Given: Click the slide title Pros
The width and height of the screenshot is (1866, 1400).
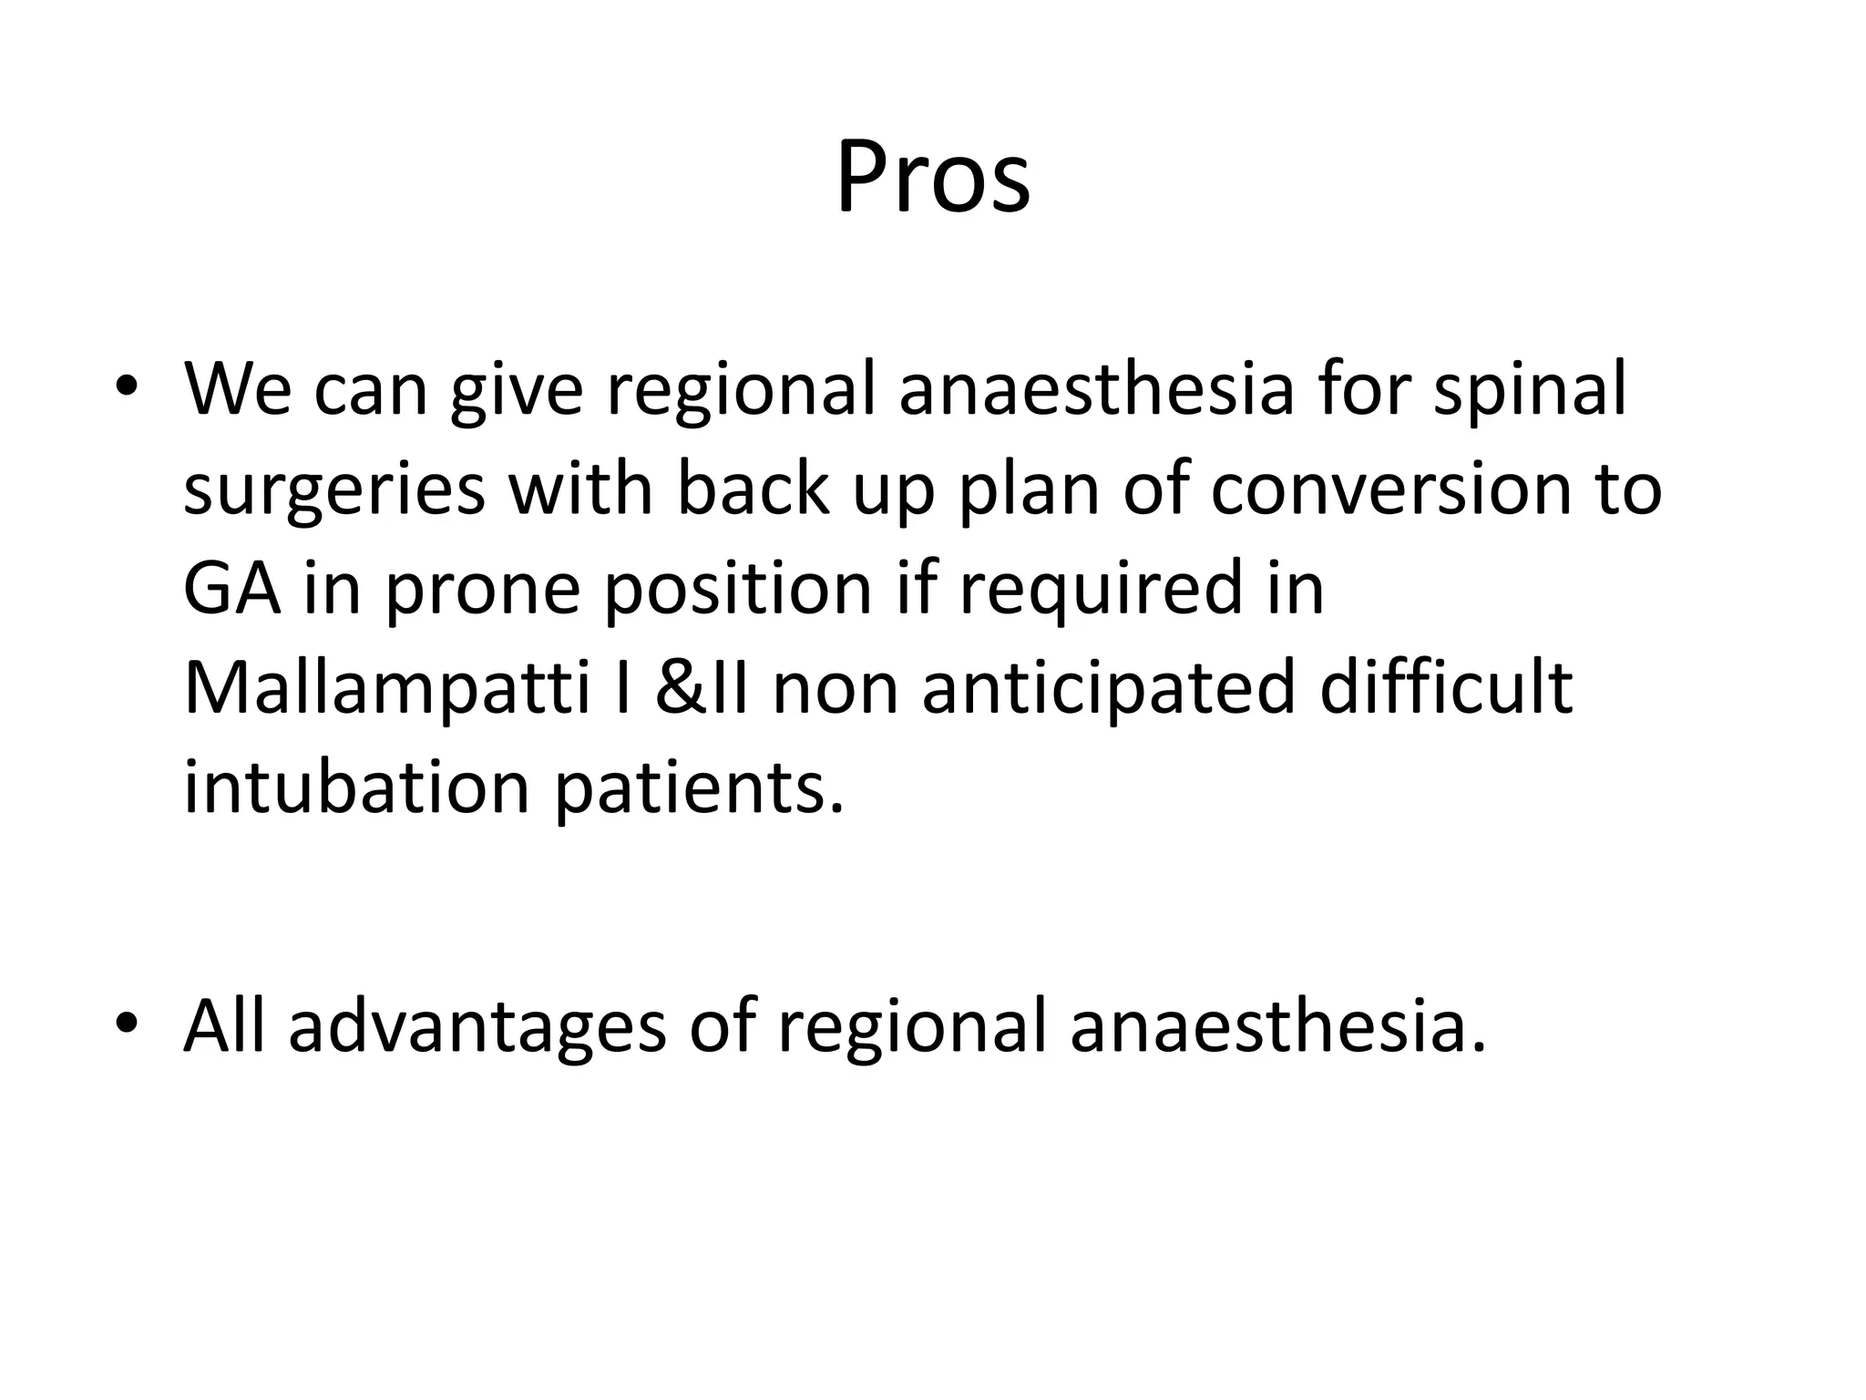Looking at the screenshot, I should [933, 177].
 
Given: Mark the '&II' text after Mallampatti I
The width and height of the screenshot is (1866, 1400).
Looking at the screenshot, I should [702, 689].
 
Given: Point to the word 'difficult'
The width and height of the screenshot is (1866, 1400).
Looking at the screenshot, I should [1446, 687].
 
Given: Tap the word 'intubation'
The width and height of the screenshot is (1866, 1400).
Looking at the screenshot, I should [356, 787].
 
